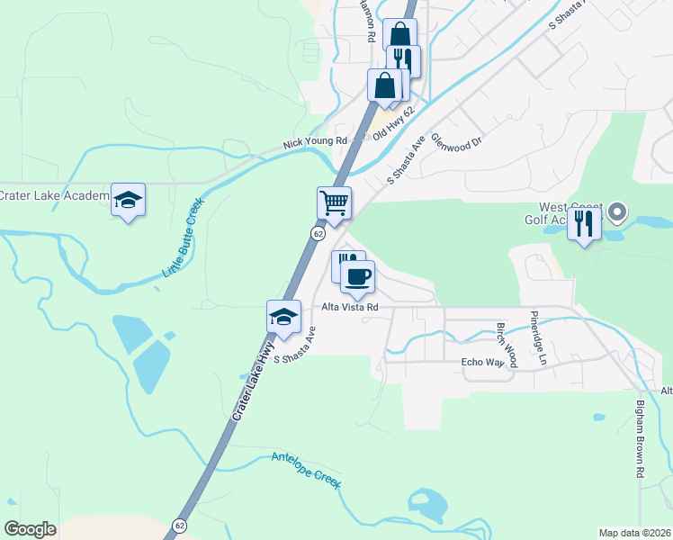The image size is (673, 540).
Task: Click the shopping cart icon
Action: [x=334, y=202]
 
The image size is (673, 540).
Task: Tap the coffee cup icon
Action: [x=357, y=275]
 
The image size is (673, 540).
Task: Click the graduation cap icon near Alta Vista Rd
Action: [x=283, y=317]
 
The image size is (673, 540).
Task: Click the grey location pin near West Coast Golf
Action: [x=617, y=214]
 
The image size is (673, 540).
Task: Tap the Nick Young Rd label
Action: [x=314, y=142]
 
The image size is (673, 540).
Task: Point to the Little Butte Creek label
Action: [x=184, y=237]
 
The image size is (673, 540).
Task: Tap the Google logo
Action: [x=30, y=529]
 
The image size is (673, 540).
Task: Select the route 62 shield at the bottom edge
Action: [x=179, y=525]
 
